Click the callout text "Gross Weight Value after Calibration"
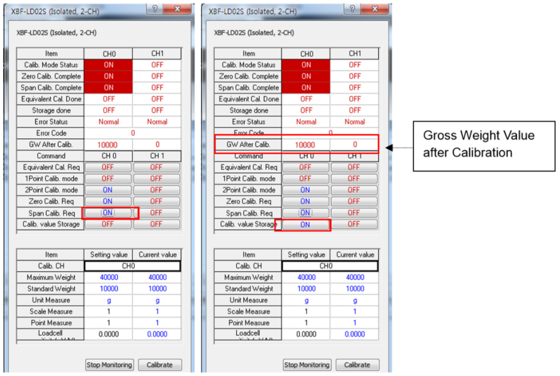coord(479,143)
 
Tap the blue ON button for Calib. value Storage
coord(305,224)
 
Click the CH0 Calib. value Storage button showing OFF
coord(108,224)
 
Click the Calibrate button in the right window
coord(357,365)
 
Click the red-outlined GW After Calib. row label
coord(249,144)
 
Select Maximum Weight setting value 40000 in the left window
coord(108,277)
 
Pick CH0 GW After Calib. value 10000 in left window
coord(108,145)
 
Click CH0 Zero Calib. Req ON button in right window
coord(305,201)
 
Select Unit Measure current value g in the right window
coord(354,300)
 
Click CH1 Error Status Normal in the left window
coord(157,122)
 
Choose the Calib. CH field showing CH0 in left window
coord(132,266)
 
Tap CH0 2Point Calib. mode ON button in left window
coord(108,190)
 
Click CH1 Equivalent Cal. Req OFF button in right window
coord(354,167)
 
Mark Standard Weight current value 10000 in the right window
coord(354,289)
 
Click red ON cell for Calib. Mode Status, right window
coord(306,65)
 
